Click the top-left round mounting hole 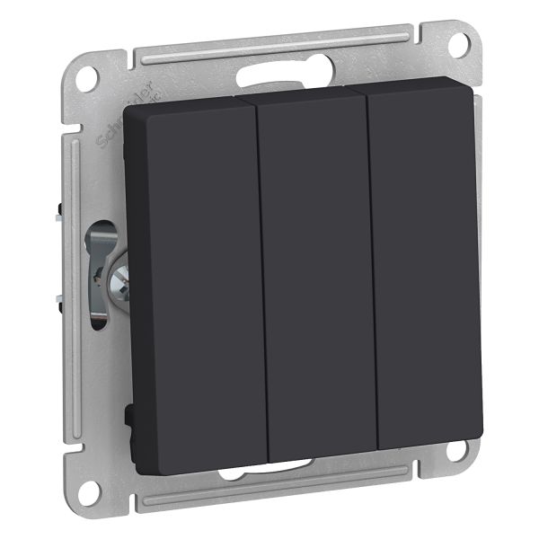pos(86,78)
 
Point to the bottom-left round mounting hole pos(87,490)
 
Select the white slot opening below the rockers pos(269,468)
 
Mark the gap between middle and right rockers pos(372,269)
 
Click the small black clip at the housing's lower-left pos(130,417)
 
